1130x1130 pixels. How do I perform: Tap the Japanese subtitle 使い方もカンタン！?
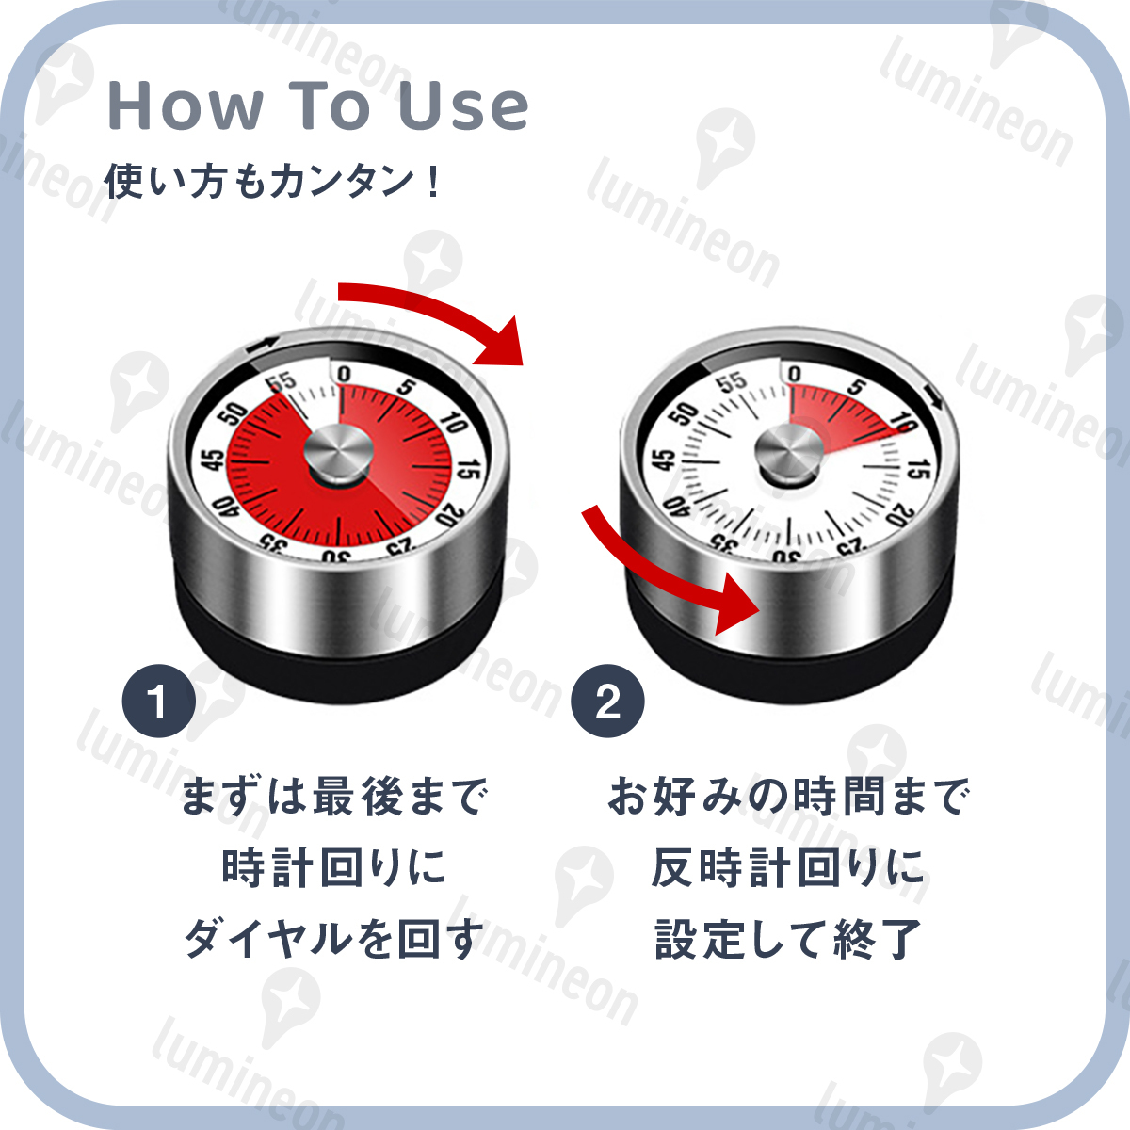272,181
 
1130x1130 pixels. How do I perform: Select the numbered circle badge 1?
158,702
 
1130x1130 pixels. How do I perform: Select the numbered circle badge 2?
607,702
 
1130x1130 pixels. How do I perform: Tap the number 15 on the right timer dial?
922,468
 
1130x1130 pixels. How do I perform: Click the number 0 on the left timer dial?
344,376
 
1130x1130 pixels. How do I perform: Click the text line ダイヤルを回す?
334,939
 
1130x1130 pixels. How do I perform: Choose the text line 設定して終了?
786,939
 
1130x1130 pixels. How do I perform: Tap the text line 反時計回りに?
786,868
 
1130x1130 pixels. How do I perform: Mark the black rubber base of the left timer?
339,650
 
